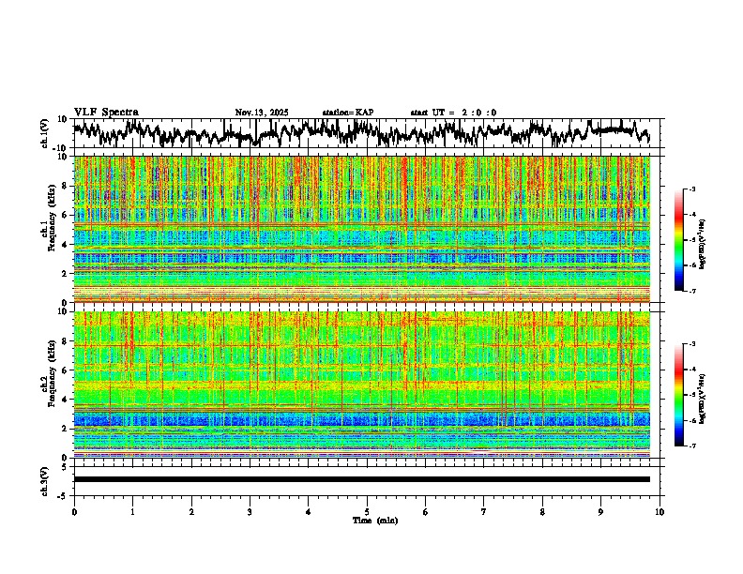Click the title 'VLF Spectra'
(106, 113)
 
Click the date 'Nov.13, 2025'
(262, 113)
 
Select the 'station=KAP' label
(347, 113)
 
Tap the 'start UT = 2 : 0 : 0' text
(453, 113)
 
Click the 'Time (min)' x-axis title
(374, 520)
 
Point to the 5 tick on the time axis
(367, 512)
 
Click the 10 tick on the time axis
(660, 512)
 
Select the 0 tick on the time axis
(74, 512)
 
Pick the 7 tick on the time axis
(484, 512)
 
